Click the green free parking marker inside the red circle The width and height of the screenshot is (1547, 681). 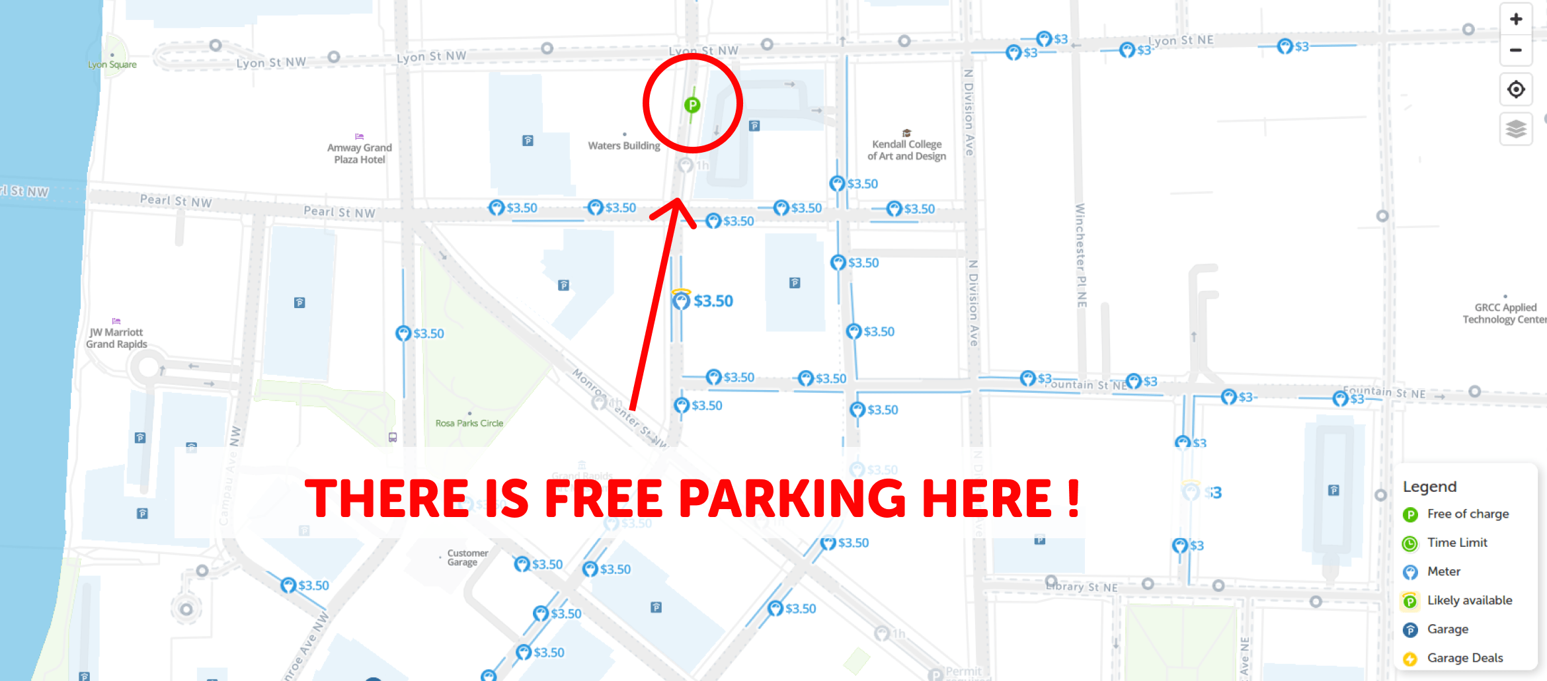tap(692, 105)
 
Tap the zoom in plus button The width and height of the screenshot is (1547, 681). tap(1516, 20)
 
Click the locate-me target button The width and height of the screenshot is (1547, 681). tap(1516, 89)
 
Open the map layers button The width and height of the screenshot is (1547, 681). tap(1516, 128)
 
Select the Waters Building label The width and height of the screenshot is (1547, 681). tap(624, 145)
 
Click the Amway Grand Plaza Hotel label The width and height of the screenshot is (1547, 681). tap(360, 153)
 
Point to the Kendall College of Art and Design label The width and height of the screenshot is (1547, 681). tap(907, 150)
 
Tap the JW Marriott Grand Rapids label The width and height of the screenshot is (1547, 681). tap(116, 338)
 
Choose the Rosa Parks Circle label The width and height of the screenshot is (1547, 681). tap(469, 423)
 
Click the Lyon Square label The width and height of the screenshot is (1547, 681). tap(112, 65)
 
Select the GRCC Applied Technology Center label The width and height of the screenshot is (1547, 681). tap(1505, 313)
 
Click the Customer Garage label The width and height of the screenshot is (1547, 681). tap(467, 557)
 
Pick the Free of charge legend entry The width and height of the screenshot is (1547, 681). tap(1468, 514)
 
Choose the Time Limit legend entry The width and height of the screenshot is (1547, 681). tap(1457, 543)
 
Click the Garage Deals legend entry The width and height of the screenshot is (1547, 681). tap(1465, 658)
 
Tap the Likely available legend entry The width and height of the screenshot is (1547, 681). tap(1469, 600)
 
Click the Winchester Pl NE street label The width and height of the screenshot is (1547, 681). tap(1080, 255)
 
